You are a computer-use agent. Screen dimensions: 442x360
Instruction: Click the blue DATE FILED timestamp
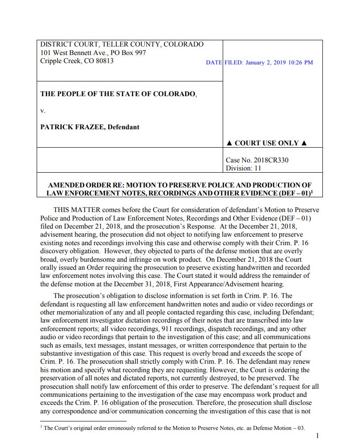[259, 63]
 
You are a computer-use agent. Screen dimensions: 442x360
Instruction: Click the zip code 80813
[104, 61]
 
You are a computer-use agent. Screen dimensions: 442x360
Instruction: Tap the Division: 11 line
[244, 168]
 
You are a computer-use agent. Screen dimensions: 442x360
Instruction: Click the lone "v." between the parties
[43, 110]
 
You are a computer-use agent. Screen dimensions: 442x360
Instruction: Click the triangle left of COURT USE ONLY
[229, 143]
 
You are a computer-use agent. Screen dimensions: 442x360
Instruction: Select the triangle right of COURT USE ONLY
[304, 143]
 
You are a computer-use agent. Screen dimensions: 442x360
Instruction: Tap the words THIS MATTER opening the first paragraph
[77, 210]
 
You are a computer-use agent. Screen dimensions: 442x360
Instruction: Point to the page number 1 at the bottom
[317, 435]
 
